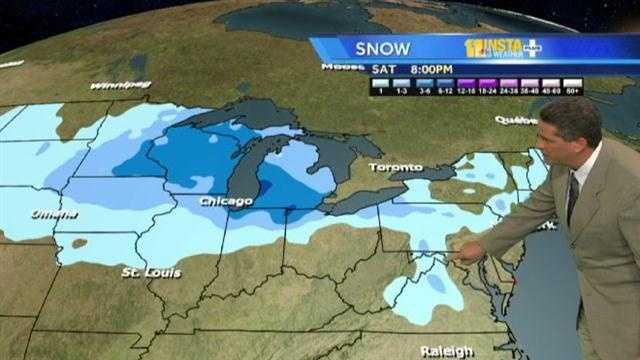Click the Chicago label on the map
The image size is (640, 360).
[224, 201]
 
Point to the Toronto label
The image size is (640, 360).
[395, 167]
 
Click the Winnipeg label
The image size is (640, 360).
[120, 86]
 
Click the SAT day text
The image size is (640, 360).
[382, 70]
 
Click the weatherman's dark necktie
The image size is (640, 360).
[573, 196]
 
